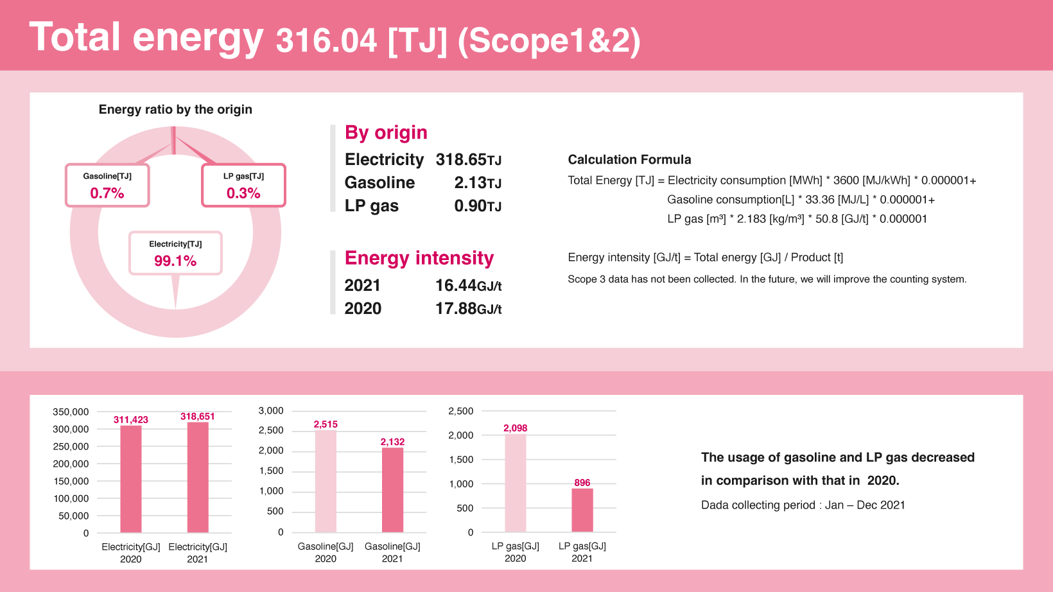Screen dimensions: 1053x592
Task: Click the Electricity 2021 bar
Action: click(198, 477)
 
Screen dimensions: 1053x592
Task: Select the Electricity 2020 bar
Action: click(131, 479)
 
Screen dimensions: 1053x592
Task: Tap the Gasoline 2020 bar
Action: click(326, 481)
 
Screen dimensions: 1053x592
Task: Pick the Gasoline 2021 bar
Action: click(392, 489)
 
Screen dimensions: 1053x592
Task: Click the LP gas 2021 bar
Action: click(582, 510)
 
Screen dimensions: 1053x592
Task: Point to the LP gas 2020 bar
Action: click(516, 483)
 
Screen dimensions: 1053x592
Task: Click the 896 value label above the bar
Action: click(582, 482)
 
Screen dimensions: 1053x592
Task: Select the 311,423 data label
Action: click(131, 419)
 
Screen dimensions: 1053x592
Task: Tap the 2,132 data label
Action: click(392, 442)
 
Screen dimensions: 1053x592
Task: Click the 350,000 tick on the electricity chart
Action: click(71, 412)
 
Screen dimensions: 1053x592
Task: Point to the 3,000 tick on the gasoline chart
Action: click(271, 410)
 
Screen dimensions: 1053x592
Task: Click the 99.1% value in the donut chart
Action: click(175, 261)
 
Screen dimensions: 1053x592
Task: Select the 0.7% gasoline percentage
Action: click(107, 193)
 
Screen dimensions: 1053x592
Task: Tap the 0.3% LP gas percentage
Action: click(243, 193)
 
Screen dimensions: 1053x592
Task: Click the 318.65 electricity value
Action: click(461, 159)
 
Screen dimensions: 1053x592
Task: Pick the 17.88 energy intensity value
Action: click(456, 308)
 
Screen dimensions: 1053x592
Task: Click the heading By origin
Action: click(386, 133)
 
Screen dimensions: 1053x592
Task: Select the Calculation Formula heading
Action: click(629, 159)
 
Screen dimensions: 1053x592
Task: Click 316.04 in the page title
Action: click(326, 40)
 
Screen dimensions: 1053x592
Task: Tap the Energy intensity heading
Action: click(419, 258)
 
